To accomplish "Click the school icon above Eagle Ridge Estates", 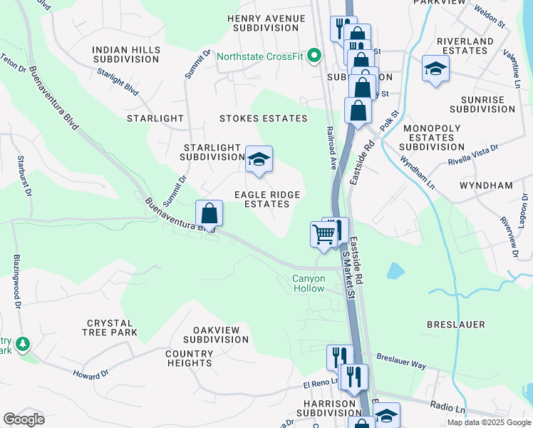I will coord(259,160).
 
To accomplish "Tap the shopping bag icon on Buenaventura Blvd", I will coord(209,213).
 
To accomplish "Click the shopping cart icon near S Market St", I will coord(324,235).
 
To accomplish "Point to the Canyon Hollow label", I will coord(308,283).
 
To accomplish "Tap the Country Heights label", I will coord(189,358).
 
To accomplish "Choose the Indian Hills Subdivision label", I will coord(125,54).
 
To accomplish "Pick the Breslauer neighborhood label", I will coord(456,325).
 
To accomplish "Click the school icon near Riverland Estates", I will coord(435,69).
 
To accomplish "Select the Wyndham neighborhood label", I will coord(487,185).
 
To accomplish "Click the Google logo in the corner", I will coord(24,419).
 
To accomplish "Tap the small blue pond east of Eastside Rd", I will coord(395,270).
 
